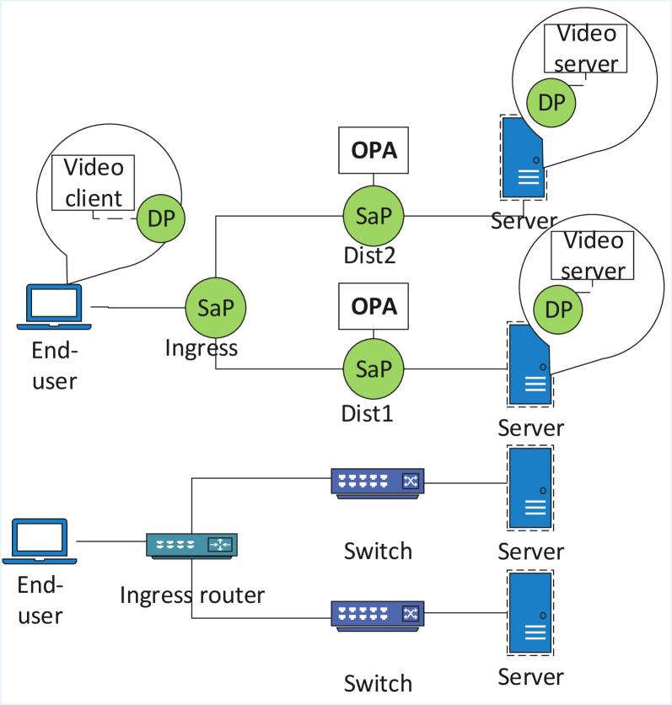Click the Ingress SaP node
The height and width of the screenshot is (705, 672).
216,308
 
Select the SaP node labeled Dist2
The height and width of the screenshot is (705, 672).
374,216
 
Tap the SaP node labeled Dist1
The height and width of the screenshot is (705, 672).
374,369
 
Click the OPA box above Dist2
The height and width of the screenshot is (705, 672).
374,151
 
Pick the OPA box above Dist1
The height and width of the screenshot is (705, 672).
374,305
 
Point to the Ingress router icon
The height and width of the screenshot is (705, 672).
192,546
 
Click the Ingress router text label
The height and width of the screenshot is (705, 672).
192,595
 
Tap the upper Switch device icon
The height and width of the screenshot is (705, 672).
377,482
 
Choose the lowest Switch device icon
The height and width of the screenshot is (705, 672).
377,613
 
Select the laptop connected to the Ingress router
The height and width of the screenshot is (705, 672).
40,541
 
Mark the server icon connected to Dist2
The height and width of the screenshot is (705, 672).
522,157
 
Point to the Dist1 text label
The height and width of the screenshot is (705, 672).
367,414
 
